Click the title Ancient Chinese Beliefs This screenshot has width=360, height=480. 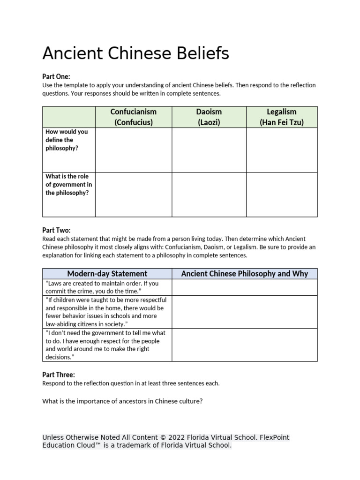coord(135,54)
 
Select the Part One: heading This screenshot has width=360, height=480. coord(56,76)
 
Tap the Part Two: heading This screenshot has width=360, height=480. coord(56,230)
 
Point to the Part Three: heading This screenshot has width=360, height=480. coord(58,375)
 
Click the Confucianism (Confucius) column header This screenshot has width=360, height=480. coord(134,117)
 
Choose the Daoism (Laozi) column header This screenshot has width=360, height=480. coord(209,117)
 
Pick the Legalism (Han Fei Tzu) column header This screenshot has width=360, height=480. coord(282,117)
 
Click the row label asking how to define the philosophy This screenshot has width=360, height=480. coord(67,140)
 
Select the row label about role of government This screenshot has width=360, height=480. coord(68,185)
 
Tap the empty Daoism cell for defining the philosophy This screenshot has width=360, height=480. coord(209,150)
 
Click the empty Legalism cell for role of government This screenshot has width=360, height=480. coord(282,195)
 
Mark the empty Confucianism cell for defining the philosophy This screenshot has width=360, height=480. coord(134,150)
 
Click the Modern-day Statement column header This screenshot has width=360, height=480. coord(107,274)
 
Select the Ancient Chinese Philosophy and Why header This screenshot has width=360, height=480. coord(244,274)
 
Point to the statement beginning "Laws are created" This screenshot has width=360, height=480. coord(102,287)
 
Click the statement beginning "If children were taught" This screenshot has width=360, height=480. coord(106,312)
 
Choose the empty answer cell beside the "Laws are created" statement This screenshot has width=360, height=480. coord(244,287)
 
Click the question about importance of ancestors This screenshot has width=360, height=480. coord(122,402)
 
